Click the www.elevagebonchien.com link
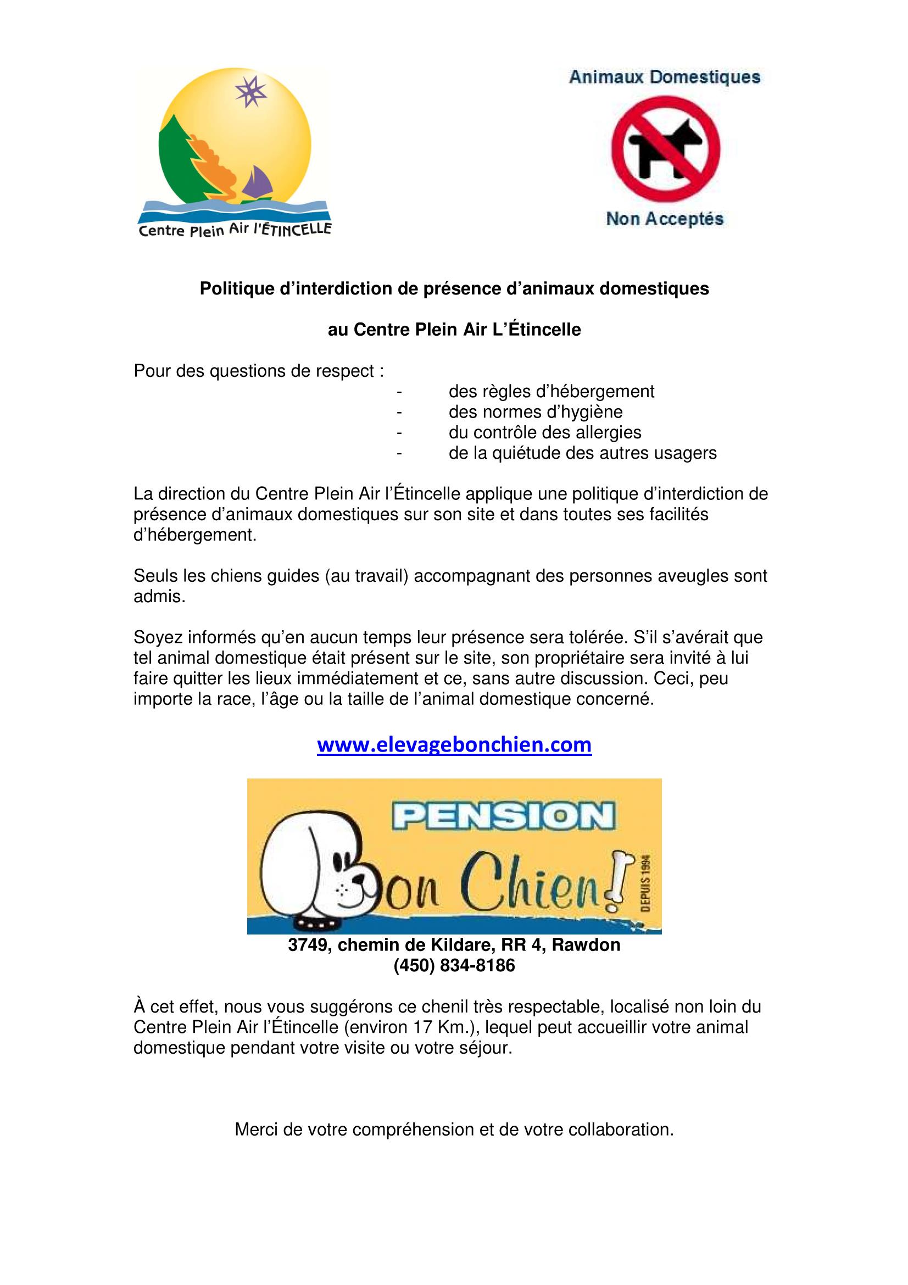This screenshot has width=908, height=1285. tap(454, 745)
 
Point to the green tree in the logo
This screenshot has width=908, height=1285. tap(176, 157)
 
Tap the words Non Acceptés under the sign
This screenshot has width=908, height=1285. tap(665, 219)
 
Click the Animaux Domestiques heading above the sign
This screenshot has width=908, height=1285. tap(665, 77)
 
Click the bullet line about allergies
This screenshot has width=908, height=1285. tap(544, 432)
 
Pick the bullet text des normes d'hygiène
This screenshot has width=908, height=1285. tap(536, 412)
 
